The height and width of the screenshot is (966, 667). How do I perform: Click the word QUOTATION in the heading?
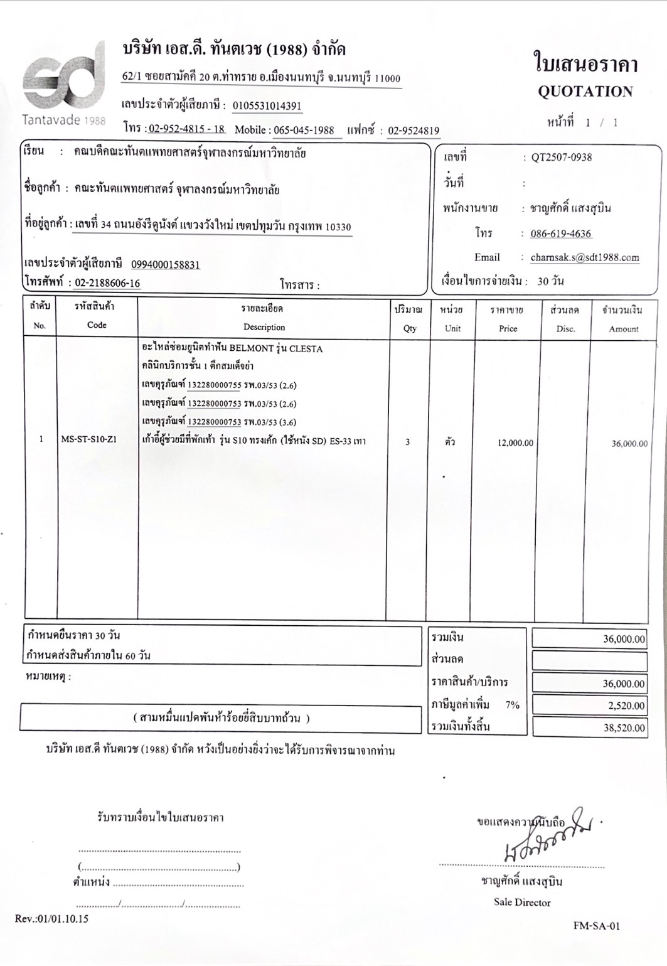coord(585,92)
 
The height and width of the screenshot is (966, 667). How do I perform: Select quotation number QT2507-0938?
coord(561,158)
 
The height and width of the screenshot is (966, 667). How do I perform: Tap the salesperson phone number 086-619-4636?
coord(560,234)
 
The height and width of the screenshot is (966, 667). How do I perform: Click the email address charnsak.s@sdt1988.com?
coord(584,257)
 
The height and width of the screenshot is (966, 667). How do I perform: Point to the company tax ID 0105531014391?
coord(267,106)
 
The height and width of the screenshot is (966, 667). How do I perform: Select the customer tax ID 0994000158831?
coord(165,265)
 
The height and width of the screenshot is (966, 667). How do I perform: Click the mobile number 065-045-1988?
coord(304,131)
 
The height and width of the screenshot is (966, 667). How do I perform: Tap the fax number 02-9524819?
coord(413,131)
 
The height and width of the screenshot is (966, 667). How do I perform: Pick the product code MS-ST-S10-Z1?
coord(88,439)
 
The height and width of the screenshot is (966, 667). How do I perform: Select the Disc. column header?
coord(565,328)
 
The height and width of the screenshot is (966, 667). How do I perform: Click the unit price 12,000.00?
coord(515,443)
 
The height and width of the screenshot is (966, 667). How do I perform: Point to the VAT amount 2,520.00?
coord(626,706)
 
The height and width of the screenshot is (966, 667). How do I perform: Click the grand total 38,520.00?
coord(624,728)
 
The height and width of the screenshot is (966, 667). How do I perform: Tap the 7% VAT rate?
coord(512,705)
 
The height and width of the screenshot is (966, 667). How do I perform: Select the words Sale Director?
coord(521,903)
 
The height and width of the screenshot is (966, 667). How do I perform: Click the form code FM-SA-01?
coord(596,926)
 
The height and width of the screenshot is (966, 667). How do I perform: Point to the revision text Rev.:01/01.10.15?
coord(51,919)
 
